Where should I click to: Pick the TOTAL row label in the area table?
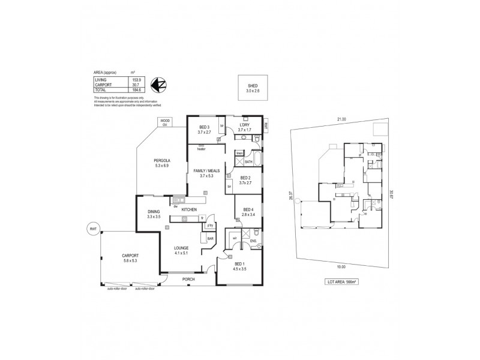100,89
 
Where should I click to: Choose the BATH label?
248,161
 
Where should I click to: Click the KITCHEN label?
190,209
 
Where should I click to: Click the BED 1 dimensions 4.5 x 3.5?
239,269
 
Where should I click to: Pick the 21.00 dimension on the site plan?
341,119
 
